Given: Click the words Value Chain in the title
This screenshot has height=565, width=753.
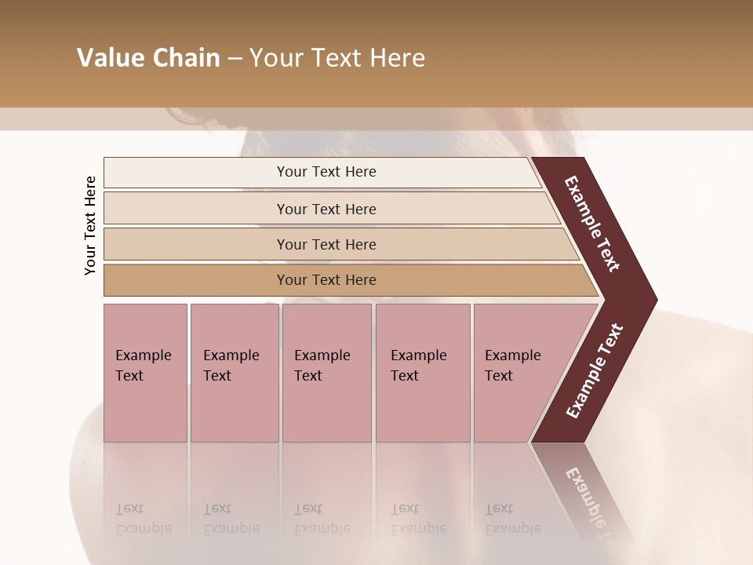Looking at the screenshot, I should (x=148, y=58).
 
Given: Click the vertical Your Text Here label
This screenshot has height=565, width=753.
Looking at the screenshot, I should (x=90, y=225).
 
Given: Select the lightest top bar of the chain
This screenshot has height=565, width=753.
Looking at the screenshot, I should (x=326, y=172).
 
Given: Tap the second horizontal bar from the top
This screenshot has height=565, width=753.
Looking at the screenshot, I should (x=326, y=209).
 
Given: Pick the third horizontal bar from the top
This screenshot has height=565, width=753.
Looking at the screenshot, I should (x=326, y=244).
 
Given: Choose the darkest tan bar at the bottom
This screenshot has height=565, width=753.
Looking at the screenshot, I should (x=326, y=280).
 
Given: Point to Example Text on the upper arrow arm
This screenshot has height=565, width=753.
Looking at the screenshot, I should (x=593, y=224).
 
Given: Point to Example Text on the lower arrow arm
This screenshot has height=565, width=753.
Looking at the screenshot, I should (x=595, y=370).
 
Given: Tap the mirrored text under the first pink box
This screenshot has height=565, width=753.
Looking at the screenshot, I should (x=144, y=519).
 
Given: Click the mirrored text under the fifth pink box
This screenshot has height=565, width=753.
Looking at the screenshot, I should (x=513, y=519).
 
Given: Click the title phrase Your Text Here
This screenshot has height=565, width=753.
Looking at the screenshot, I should (x=337, y=58).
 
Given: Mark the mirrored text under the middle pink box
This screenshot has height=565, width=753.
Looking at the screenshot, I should (x=322, y=519).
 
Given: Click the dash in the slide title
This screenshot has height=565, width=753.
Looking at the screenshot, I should (x=235, y=58).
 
